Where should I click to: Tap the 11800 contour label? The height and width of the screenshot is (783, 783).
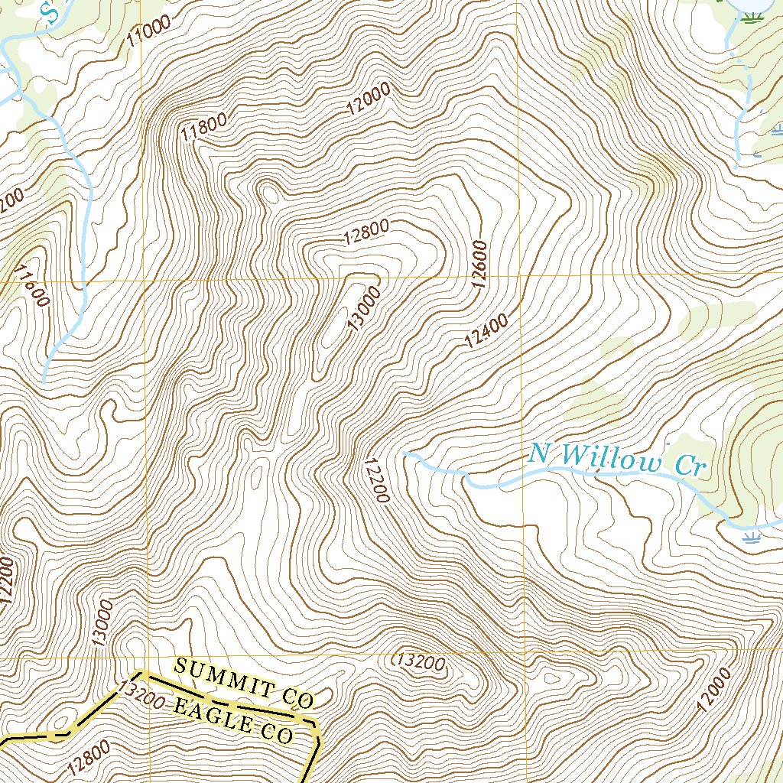tap(203, 125)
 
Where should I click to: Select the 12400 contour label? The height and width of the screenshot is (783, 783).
tap(486, 331)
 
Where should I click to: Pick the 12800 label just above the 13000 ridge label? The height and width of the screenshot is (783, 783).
tap(366, 232)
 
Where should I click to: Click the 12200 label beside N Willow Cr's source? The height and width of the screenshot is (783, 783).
tap(377, 479)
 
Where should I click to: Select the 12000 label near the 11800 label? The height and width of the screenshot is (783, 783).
tap(368, 98)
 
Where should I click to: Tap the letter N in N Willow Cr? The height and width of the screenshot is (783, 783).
tap(539, 453)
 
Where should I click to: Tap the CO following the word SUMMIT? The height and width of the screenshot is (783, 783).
tap(297, 697)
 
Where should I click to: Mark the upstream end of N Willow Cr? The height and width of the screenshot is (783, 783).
tap(404, 453)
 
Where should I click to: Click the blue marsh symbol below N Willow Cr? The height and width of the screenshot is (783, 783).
tap(752, 538)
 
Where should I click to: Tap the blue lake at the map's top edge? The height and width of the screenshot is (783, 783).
tap(749, 6)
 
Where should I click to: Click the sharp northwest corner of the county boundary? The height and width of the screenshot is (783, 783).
tap(141, 673)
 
